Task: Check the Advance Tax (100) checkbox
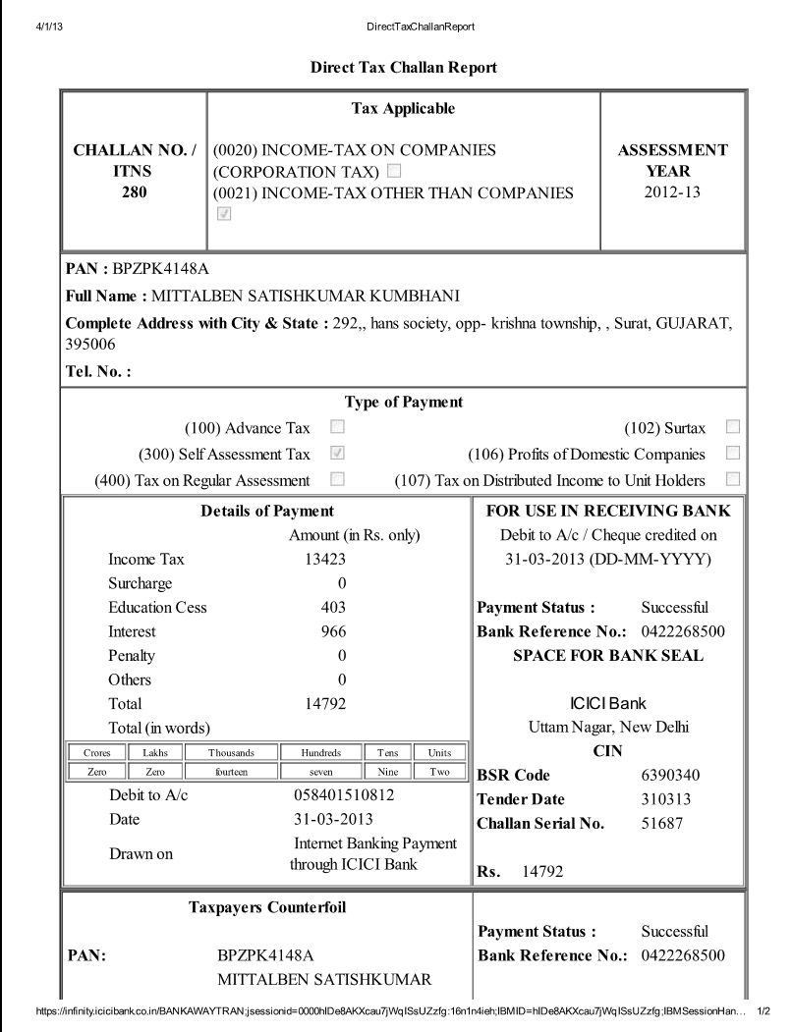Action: [x=338, y=428]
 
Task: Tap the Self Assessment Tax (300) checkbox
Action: [x=338, y=454]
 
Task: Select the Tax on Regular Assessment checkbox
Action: [x=338, y=479]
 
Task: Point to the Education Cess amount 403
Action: [x=333, y=607]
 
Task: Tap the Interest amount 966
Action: [x=333, y=631]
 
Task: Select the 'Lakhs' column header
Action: [x=150, y=752]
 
